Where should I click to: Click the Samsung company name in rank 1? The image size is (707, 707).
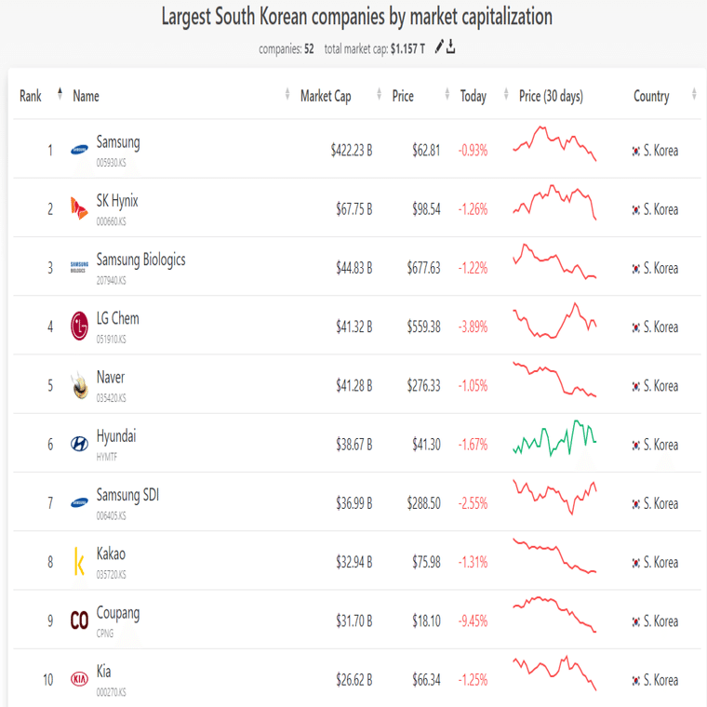pyautogui.click(x=118, y=142)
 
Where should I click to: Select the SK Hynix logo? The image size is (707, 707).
pyautogui.click(x=79, y=209)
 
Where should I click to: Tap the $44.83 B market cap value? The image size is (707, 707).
pyautogui.click(x=353, y=268)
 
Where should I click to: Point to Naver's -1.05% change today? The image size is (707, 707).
pyautogui.click(x=473, y=386)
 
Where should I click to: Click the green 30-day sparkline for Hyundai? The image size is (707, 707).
pyautogui.click(x=554, y=437)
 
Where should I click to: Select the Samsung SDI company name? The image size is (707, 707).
pyautogui.click(x=127, y=495)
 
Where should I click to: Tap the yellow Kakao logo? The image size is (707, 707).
pyautogui.click(x=79, y=562)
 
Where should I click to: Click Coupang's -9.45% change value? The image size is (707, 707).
pyautogui.click(x=473, y=620)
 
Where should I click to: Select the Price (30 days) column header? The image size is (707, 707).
pyautogui.click(x=551, y=96)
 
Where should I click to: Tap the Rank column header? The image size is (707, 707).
pyautogui.click(x=31, y=96)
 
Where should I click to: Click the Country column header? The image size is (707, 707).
pyautogui.click(x=651, y=96)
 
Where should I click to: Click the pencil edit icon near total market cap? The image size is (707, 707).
pyautogui.click(x=439, y=47)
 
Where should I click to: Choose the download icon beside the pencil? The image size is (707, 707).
pyautogui.click(x=451, y=47)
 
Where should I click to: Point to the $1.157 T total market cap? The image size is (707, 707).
pyautogui.click(x=407, y=48)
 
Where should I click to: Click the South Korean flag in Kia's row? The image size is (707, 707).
pyautogui.click(x=635, y=680)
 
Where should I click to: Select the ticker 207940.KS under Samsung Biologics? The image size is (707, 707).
pyautogui.click(x=111, y=280)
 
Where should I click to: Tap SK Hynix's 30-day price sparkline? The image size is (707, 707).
pyautogui.click(x=554, y=202)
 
